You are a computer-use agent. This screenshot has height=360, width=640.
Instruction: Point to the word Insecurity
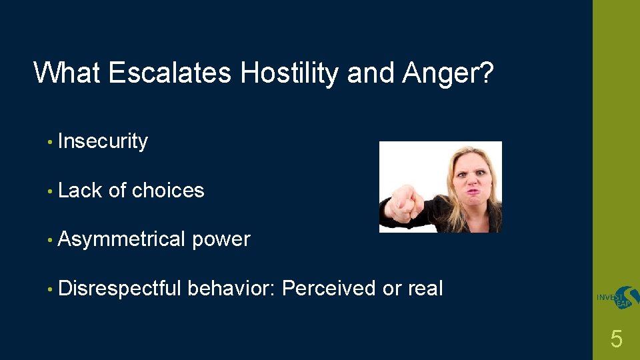pyautogui.click(x=103, y=141)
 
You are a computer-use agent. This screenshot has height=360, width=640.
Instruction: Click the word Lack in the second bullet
pyautogui.click(x=80, y=191)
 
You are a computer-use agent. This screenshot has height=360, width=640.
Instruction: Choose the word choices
pyautogui.click(x=168, y=191)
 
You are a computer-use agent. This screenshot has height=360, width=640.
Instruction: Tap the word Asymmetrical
pyautogui.click(x=122, y=240)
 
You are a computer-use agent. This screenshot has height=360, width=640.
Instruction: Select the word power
pyautogui.click(x=221, y=240)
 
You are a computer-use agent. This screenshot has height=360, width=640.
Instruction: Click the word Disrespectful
pyautogui.click(x=119, y=289)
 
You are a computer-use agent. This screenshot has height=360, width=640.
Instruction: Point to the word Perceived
pyautogui.click(x=329, y=289)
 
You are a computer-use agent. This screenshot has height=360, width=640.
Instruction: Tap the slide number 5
pyautogui.click(x=616, y=340)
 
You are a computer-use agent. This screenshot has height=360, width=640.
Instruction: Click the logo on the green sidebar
pyautogui.click(x=617, y=298)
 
